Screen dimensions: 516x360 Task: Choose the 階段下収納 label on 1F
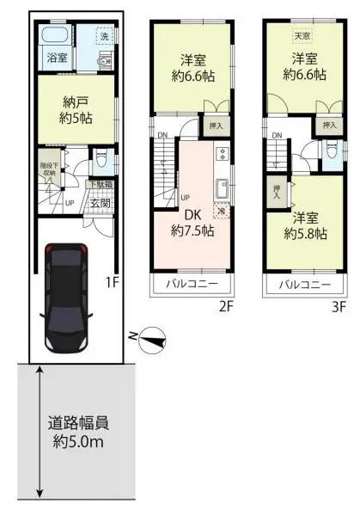47,169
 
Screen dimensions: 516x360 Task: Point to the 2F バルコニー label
192,284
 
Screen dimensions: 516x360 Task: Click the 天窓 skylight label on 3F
302,36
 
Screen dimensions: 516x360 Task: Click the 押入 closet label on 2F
218,126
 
